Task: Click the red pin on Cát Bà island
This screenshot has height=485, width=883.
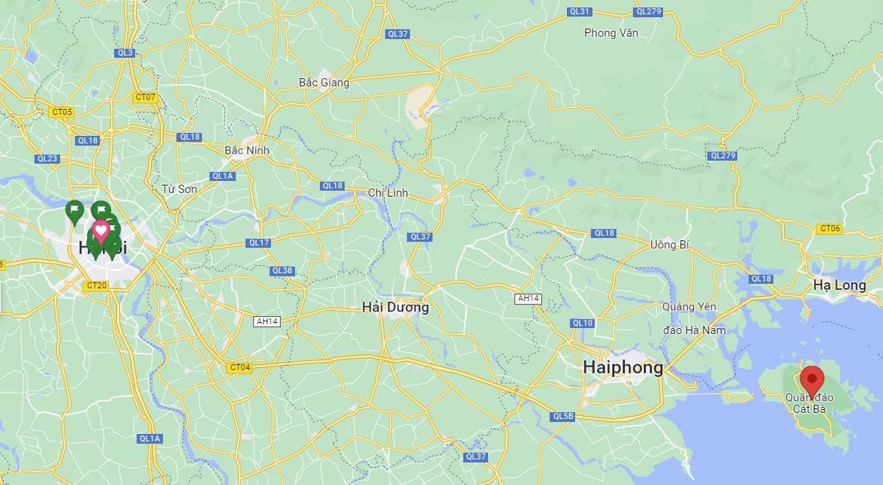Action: pyautogui.click(x=812, y=378)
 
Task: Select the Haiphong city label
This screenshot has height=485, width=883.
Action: pyautogui.click(x=623, y=367)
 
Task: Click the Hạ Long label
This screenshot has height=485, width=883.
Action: pyautogui.click(x=839, y=285)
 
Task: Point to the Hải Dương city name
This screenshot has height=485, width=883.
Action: pyautogui.click(x=395, y=307)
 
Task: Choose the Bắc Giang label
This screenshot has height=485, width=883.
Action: pyautogui.click(x=324, y=83)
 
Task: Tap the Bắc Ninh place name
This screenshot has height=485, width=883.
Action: pyautogui.click(x=246, y=150)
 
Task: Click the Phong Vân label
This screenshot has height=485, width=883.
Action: pyautogui.click(x=610, y=33)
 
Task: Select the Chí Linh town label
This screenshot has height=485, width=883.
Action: pyautogui.click(x=387, y=193)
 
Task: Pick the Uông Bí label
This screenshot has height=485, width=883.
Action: pyautogui.click(x=670, y=245)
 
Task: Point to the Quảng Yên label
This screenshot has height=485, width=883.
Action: pyautogui.click(x=689, y=306)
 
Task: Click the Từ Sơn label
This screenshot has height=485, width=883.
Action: pyautogui.click(x=179, y=188)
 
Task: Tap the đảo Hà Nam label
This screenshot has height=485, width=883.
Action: pyautogui.click(x=695, y=330)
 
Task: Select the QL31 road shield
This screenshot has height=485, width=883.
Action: pyautogui.click(x=579, y=11)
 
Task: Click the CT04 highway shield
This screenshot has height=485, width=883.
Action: pyautogui.click(x=239, y=367)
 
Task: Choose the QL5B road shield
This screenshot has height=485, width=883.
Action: pyautogui.click(x=562, y=416)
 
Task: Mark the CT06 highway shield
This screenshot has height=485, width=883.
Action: pyautogui.click(x=830, y=228)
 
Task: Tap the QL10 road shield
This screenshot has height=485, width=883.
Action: pyautogui.click(x=582, y=323)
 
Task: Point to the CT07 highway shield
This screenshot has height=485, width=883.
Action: pyautogui.click(x=145, y=97)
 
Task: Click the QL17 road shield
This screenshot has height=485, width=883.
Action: pyautogui.click(x=258, y=242)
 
